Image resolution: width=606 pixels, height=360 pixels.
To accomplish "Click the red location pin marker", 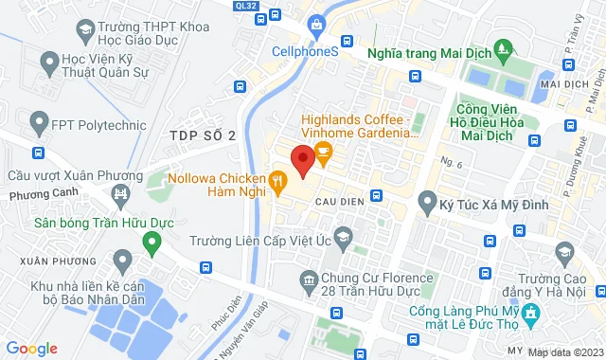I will tap(302, 160).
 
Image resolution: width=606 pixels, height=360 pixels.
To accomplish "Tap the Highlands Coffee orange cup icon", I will tap(324, 151).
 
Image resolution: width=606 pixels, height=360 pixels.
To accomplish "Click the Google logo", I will tap(30, 348).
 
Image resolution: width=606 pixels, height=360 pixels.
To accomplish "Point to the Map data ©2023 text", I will tap(564, 352).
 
